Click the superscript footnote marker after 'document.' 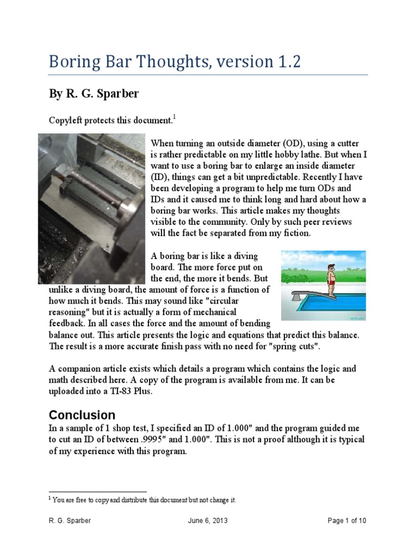174,117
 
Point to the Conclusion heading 82,415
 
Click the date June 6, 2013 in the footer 207,521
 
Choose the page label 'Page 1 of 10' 347,521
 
